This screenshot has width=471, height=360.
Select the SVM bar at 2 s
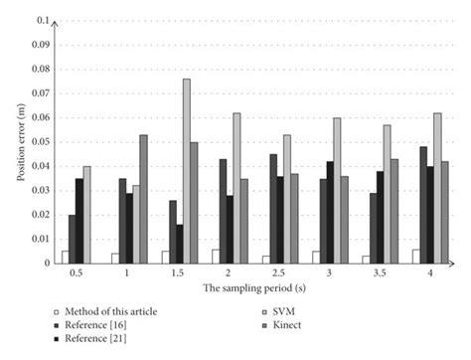point(236,188)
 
